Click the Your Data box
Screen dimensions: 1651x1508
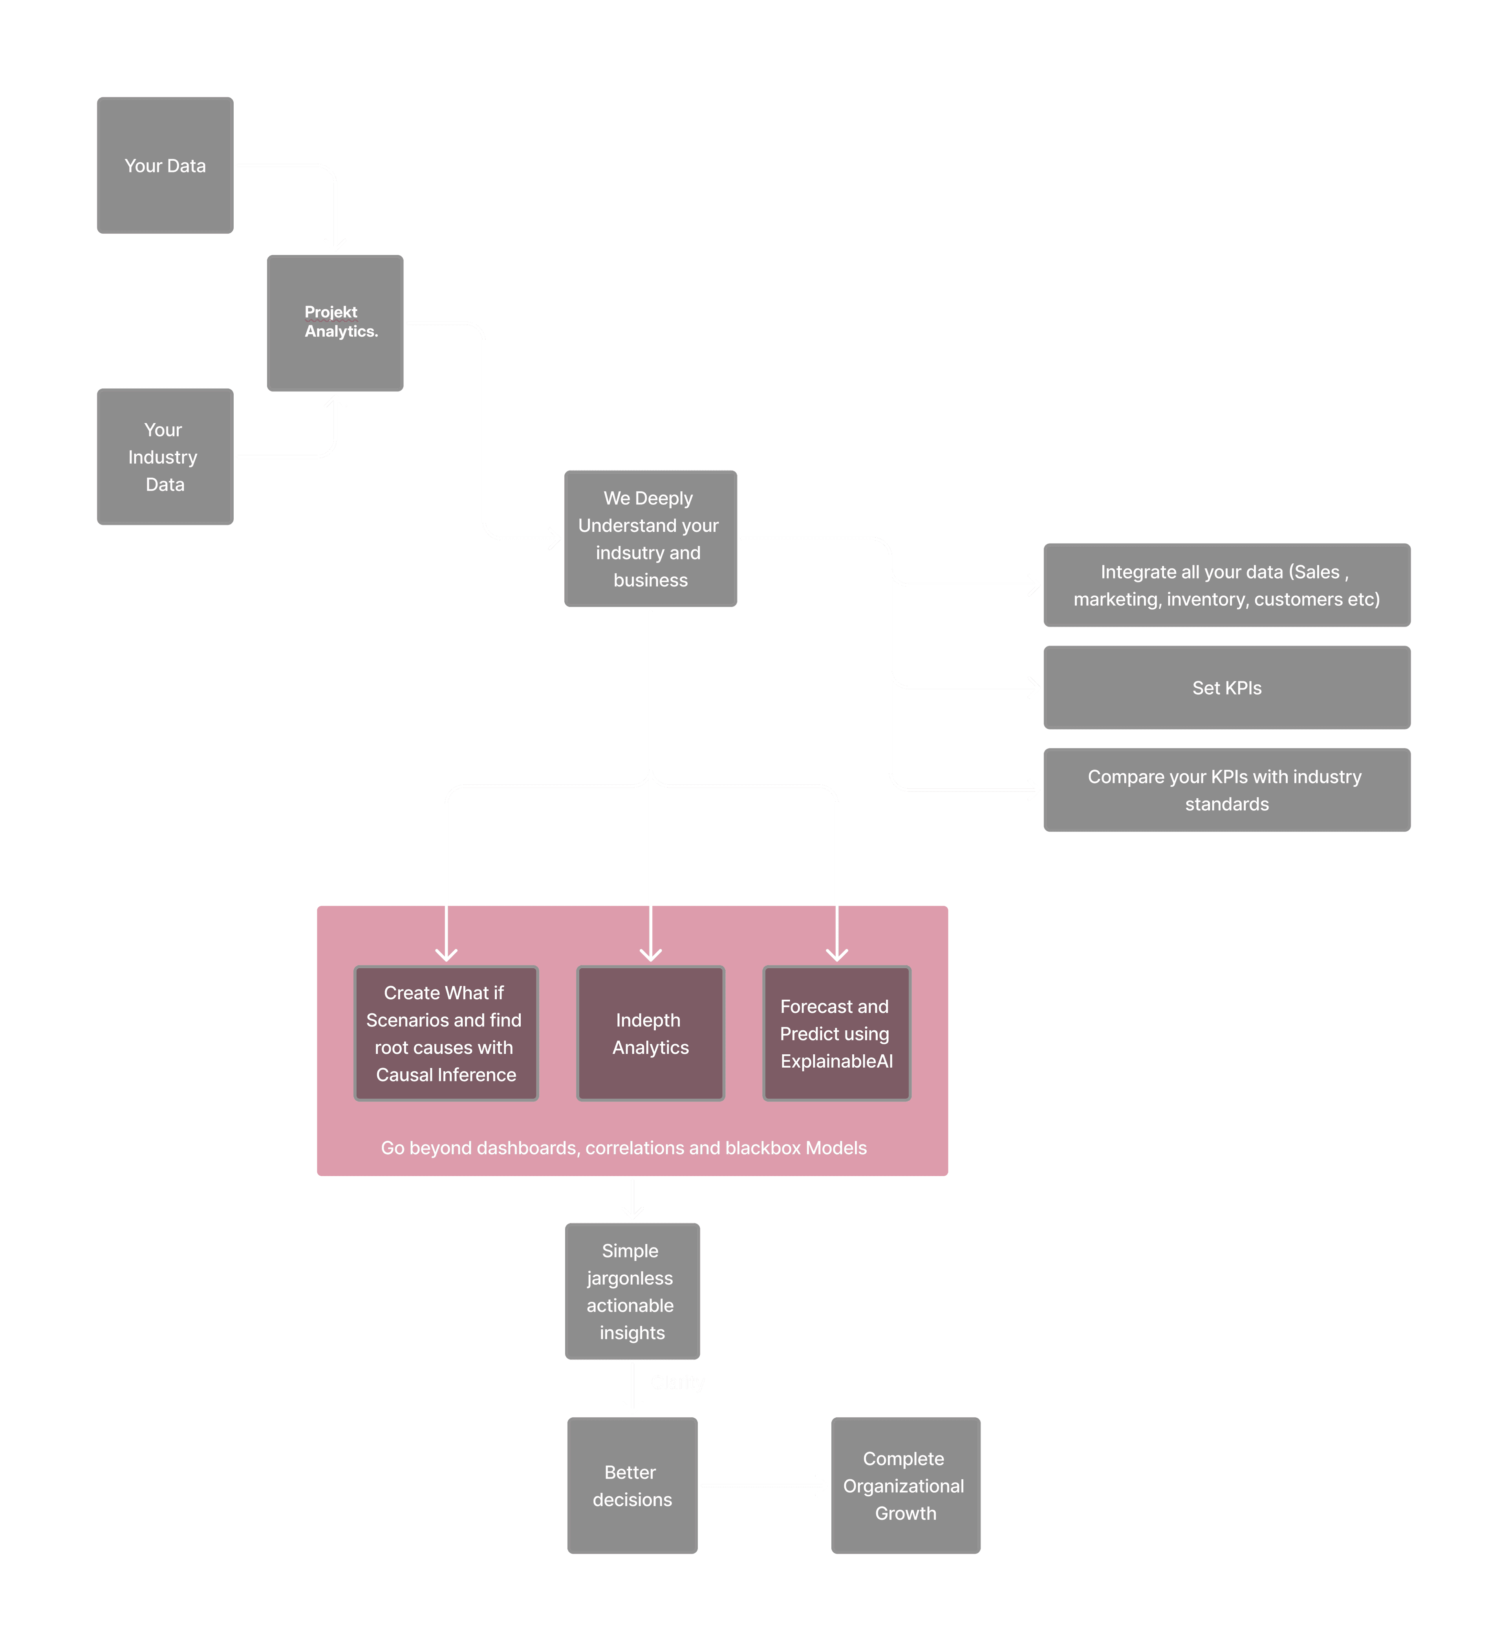point(165,165)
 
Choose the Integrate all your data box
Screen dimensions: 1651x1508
point(1226,585)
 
